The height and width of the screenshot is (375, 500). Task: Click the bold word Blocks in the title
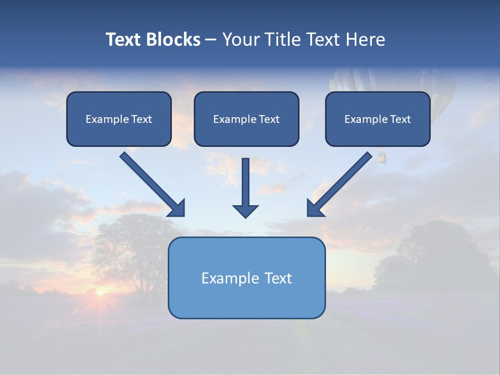[x=174, y=40]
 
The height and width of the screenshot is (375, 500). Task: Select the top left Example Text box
[x=119, y=119]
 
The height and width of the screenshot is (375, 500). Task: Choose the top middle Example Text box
[x=246, y=119]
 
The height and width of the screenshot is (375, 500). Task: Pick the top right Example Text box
[x=378, y=119]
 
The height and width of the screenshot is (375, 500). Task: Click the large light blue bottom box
[x=246, y=278]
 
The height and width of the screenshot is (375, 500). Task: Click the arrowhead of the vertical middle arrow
[x=245, y=211]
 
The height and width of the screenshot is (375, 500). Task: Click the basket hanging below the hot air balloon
[x=381, y=155]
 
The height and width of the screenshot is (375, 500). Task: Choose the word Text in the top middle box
[x=269, y=119]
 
